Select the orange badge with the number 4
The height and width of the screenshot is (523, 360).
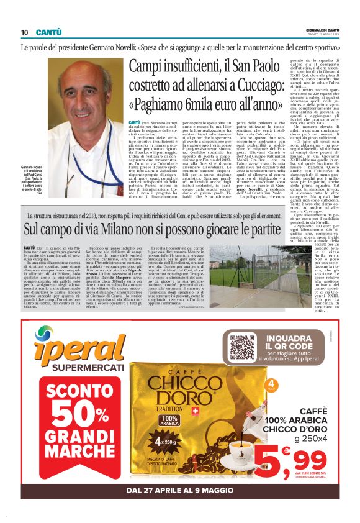click(272, 386)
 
